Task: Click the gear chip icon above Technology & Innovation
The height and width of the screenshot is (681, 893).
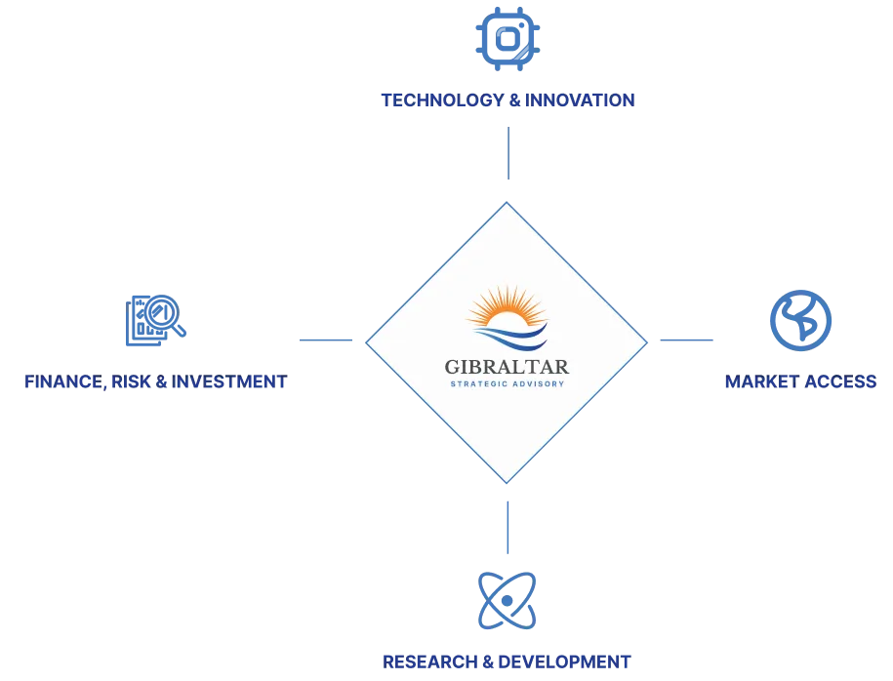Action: pyautogui.click(x=507, y=38)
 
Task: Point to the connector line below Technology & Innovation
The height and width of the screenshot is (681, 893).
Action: pyautogui.click(x=509, y=151)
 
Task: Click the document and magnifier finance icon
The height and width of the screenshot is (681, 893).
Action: pyautogui.click(x=155, y=319)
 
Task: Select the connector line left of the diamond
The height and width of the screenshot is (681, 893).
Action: pyautogui.click(x=330, y=340)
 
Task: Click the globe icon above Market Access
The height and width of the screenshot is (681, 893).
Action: pyautogui.click(x=800, y=320)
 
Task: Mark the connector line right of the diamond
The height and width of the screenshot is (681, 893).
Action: pyautogui.click(x=682, y=340)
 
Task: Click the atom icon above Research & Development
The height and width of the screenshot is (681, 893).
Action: pyautogui.click(x=507, y=599)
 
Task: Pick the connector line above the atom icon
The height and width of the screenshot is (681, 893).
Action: pyautogui.click(x=507, y=526)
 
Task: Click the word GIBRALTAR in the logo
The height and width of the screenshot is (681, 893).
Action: pyautogui.click(x=507, y=367)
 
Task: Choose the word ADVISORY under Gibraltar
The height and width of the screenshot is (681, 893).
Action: pyautogui.click(x=539, y=383)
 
